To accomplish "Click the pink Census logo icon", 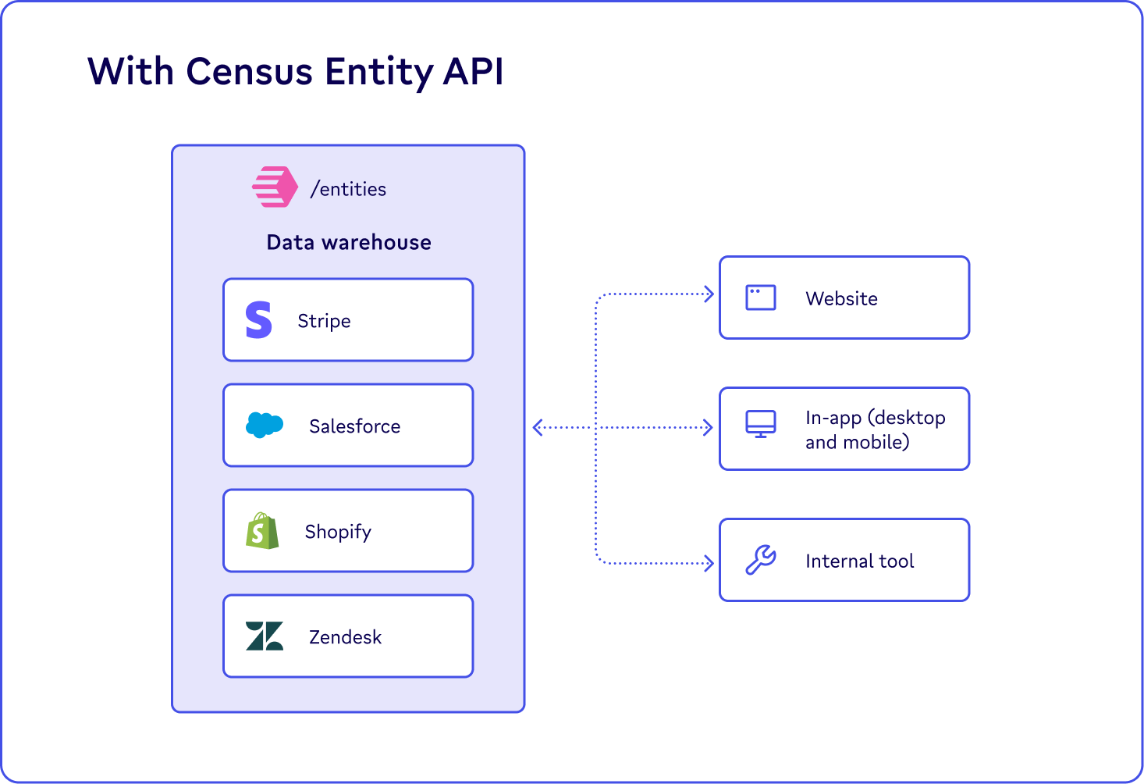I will (x=275, y=187).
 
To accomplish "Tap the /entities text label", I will (x=348, y=189).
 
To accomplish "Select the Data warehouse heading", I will (x=349, y=242).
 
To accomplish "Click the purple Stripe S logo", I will (x=258, y=320).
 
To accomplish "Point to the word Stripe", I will (x=324, y=321).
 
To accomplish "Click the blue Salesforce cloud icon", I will (x=264, y=425).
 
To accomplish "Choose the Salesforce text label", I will (x=354, y=426).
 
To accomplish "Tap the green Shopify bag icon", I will (x=262, y=531).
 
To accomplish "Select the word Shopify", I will (x=338, y=532).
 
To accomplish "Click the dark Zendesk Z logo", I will (x=264, y=636).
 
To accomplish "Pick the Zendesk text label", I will (x=345, y=637).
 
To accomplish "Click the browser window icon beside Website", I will (x=760, y=298).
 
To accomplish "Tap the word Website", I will (x=841, y=298).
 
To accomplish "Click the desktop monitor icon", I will (x=760, y=424).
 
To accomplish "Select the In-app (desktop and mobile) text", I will (x=875, y=429).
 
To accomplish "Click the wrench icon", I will (x=760, y=560).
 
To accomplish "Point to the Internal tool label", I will (x=859, y=561).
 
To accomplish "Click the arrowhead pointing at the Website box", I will (x=709, y=294).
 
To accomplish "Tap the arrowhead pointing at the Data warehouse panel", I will (x=537, y=427).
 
